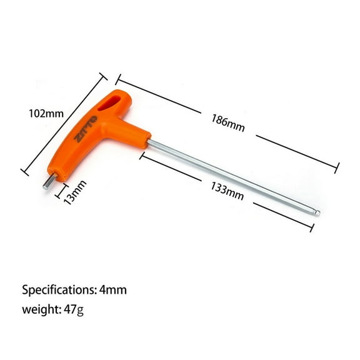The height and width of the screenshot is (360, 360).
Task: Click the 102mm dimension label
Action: click(46, 114)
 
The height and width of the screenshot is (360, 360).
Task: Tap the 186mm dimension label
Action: click(227, 121)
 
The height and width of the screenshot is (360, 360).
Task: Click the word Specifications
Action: click(59, 290)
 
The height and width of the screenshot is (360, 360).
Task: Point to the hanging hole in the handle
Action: click(116, 101)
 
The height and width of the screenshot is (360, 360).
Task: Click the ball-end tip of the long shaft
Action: click(316, 213)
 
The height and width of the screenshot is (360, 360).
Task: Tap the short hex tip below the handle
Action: click(47, 184)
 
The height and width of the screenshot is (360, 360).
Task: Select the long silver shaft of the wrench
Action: click(231, 177)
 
